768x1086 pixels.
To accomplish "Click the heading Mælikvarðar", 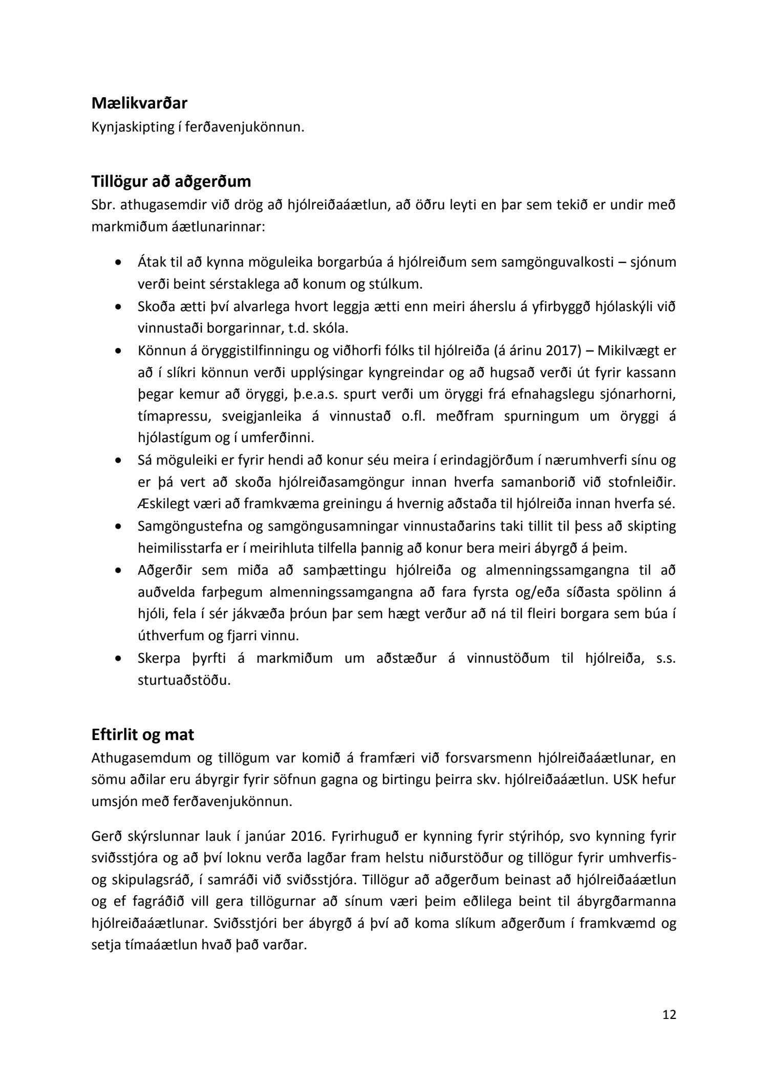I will point(139,103).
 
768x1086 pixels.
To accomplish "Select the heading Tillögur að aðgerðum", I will point(171,181).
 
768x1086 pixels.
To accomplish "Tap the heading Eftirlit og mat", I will point(143,735).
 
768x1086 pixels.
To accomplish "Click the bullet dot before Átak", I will point(119,263).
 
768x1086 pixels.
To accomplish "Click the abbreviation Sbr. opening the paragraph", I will point(105,204).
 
